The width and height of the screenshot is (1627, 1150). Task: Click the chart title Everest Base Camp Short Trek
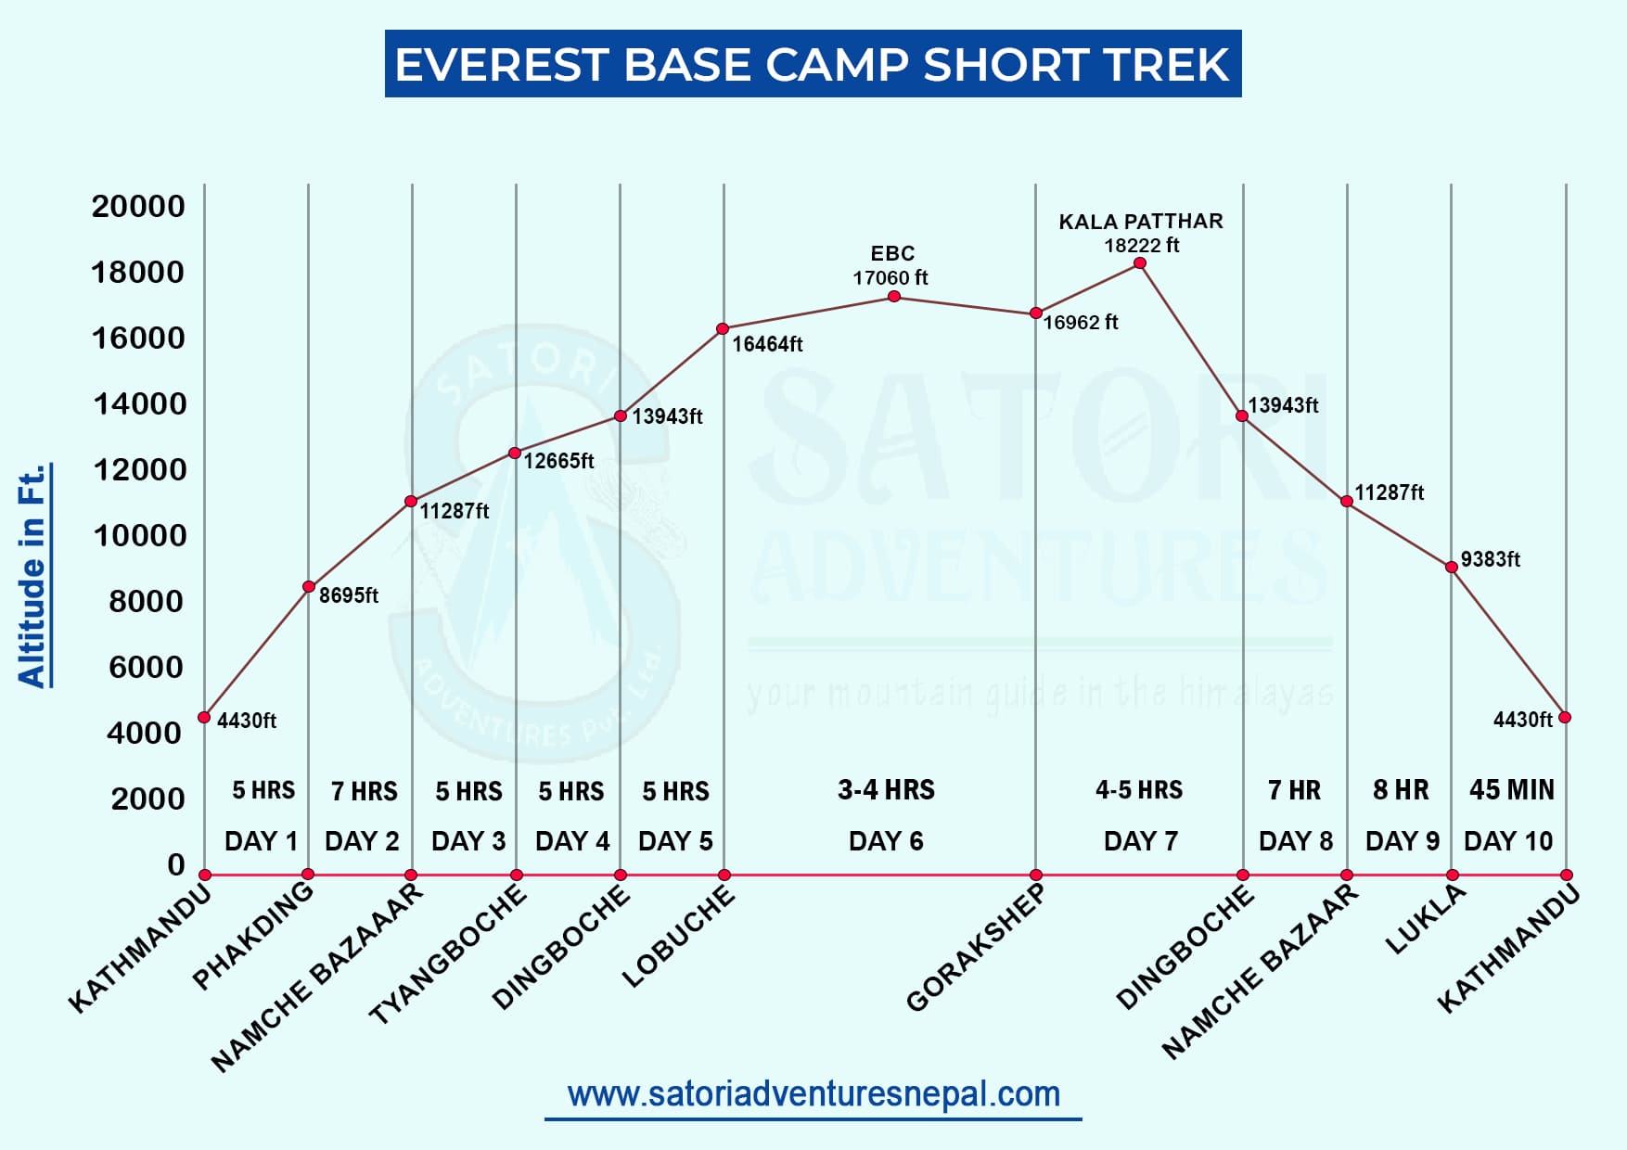click(x=813, y=64)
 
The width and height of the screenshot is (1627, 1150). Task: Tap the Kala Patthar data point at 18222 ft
click(x=1140, y=263)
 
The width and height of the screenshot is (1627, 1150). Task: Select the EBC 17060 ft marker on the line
click(x=894, y=297)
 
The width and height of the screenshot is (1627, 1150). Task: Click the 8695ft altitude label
click(x=349, y=595)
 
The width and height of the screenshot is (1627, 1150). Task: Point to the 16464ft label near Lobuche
click(x=767, y=344)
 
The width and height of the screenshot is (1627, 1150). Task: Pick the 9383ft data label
click(x=1490, y=559)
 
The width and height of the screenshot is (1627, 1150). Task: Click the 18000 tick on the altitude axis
click(x=137, y=272)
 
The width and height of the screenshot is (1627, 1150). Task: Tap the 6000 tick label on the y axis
click(x=146, y=667)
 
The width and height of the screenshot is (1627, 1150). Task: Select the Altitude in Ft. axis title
click(x=32, y=576)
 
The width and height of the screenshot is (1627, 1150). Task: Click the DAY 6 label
click(x=886, y=841)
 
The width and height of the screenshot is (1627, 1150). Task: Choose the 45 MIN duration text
click(x=1511, y=790)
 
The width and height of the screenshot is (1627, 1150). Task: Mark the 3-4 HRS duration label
click(x=886, y=790)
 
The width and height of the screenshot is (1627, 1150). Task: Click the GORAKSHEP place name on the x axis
click(x=975, y=947)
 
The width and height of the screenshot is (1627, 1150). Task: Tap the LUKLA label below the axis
click(x=1426, y=919)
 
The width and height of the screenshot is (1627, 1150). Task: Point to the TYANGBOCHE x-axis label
click(x=448, y=954)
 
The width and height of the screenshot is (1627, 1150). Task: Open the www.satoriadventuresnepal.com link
click(x=813, y=1094)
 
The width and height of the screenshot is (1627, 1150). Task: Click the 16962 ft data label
click(x=1081, y=322)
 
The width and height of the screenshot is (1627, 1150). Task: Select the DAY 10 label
click(x=1507, y=841)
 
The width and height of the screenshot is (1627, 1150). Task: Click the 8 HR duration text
click(x=1401, y=790)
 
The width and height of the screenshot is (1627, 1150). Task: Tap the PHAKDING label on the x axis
click(x=253, y=935)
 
